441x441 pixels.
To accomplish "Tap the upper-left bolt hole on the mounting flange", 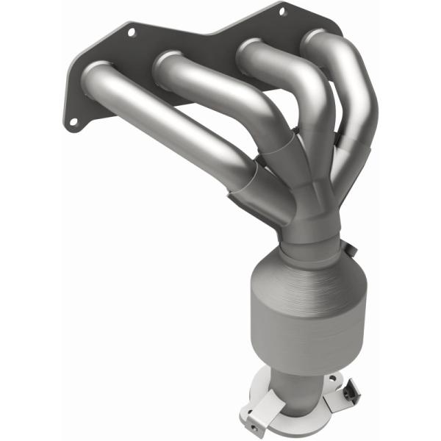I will (x=132, y=32).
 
